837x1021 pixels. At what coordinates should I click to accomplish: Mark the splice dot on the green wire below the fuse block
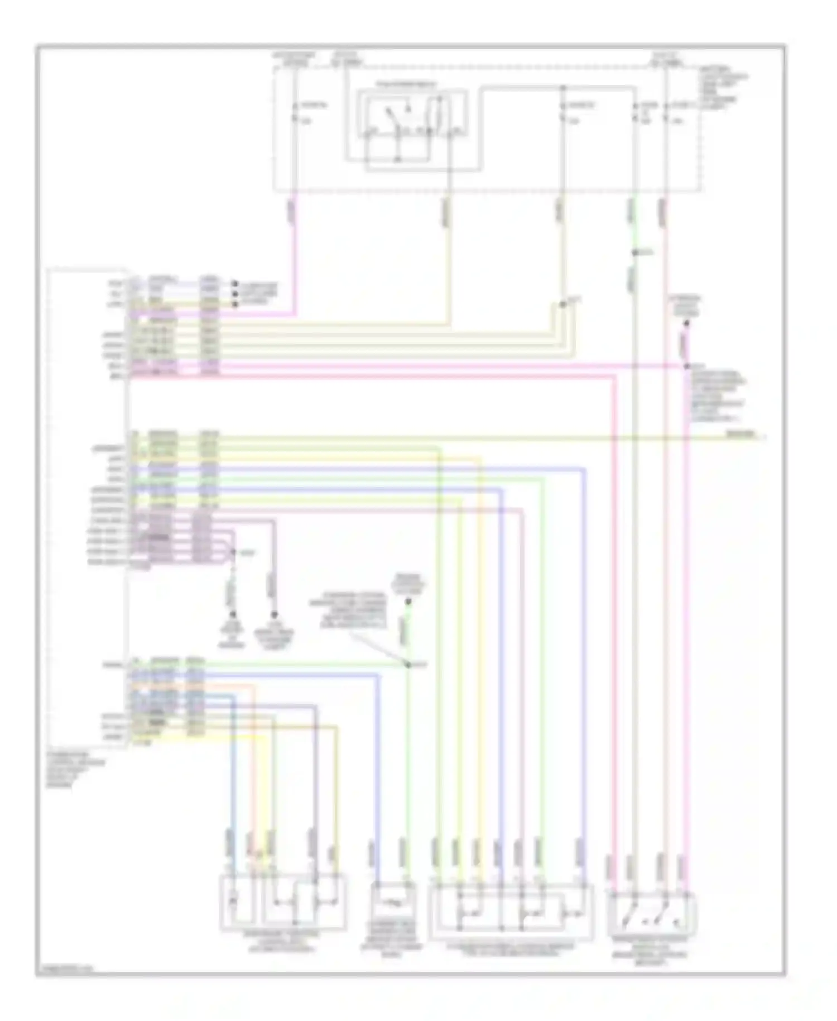pyautogui.click(x=634, y=253)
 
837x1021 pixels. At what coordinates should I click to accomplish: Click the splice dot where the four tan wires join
pyautogui.click(x=562, y=304)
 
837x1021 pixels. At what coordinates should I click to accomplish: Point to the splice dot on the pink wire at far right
pyautogui.click(x=687, y=366)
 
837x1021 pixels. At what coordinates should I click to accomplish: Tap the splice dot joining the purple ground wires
pyautogui.click(x=234, y=552)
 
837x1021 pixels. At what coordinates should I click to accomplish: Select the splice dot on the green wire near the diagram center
pyautogui.click(x=408, y=665)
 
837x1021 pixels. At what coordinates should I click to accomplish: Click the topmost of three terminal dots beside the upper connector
pyautogui.click(x=235, y=284)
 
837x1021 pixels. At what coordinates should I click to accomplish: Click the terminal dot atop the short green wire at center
pyautogui.click(x=408, y=602)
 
